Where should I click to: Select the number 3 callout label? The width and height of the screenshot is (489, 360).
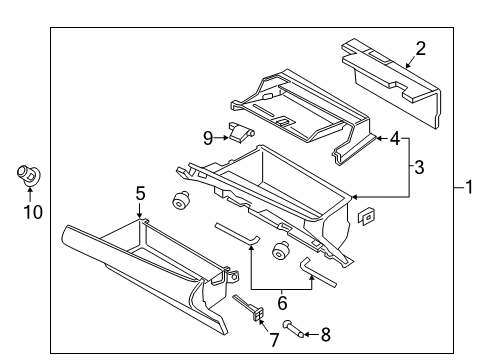(x=419, y=167)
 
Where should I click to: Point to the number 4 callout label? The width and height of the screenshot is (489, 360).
(x=396, y=139)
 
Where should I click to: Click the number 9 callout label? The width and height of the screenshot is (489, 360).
(x=208, y=137)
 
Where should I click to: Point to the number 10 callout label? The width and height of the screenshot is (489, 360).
(x=33, y=212)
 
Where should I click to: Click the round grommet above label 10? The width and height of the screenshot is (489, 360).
(x=28, y=176)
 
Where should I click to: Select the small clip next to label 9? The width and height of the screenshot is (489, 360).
(x=241, y=131)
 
